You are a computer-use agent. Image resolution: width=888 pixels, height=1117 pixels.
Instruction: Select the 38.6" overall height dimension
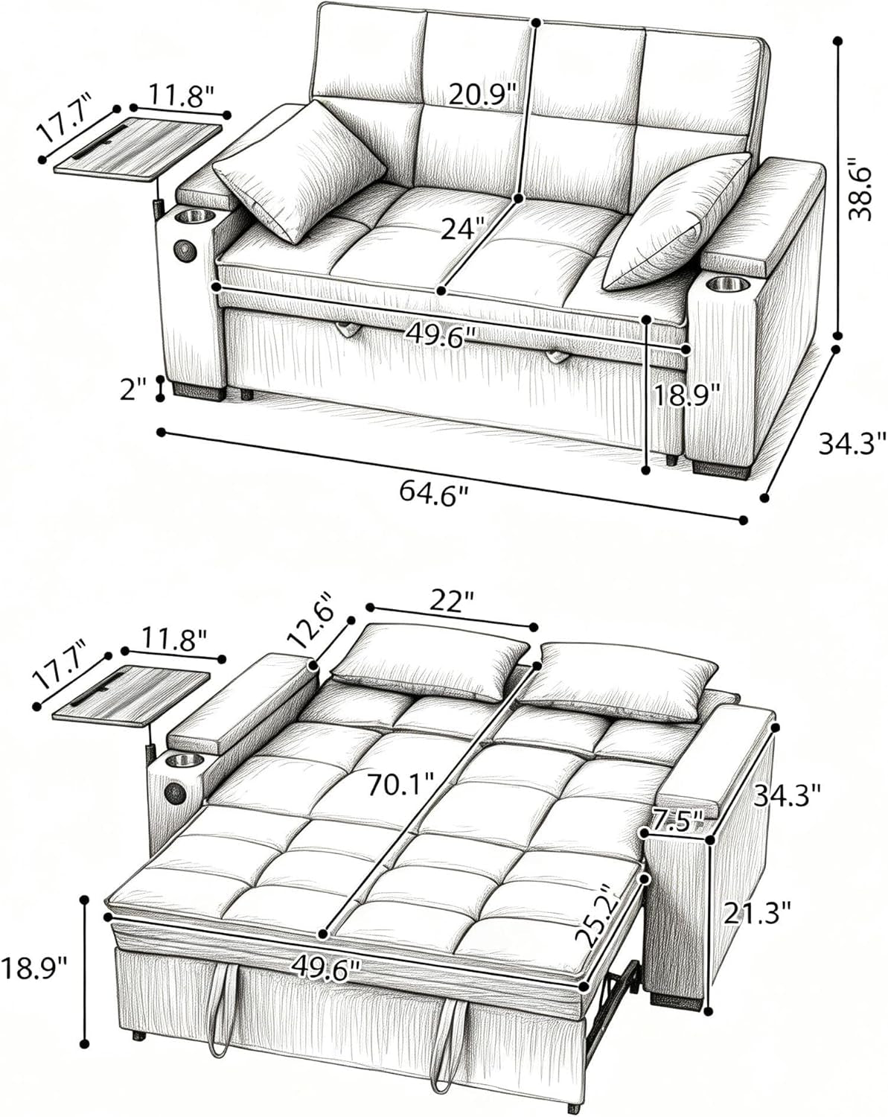(x=862, y=188)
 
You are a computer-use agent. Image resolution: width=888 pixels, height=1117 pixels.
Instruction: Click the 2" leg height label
(x=135, y=389)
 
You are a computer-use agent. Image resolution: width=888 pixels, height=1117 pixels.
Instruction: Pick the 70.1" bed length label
(x=400, y=783)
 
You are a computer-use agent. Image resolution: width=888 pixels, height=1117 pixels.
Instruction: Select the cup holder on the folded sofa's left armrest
(x=195, y=217)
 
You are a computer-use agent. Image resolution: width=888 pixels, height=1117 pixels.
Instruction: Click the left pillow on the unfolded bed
(x=431, y=661)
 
